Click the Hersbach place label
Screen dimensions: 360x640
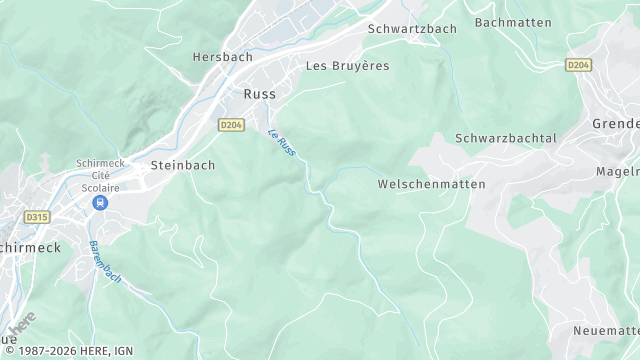[222, 58]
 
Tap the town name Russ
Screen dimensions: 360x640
[259, 94]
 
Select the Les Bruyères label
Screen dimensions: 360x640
[347, 66]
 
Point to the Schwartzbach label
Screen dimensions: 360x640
[412, 29]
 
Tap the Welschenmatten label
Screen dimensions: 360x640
[431, 185]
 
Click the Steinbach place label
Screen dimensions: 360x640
[182, 165]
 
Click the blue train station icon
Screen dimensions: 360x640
[99, 203]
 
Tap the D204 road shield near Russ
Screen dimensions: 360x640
[231, 124]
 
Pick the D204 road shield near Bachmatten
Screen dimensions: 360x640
[577, 65]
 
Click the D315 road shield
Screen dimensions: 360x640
[37, 216]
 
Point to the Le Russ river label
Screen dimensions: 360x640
[281, 143]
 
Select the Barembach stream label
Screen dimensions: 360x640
[103, 262]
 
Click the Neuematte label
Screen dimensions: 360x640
[606, 331]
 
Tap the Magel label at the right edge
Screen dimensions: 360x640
[617, 171]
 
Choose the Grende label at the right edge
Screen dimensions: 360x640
[615, 124]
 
